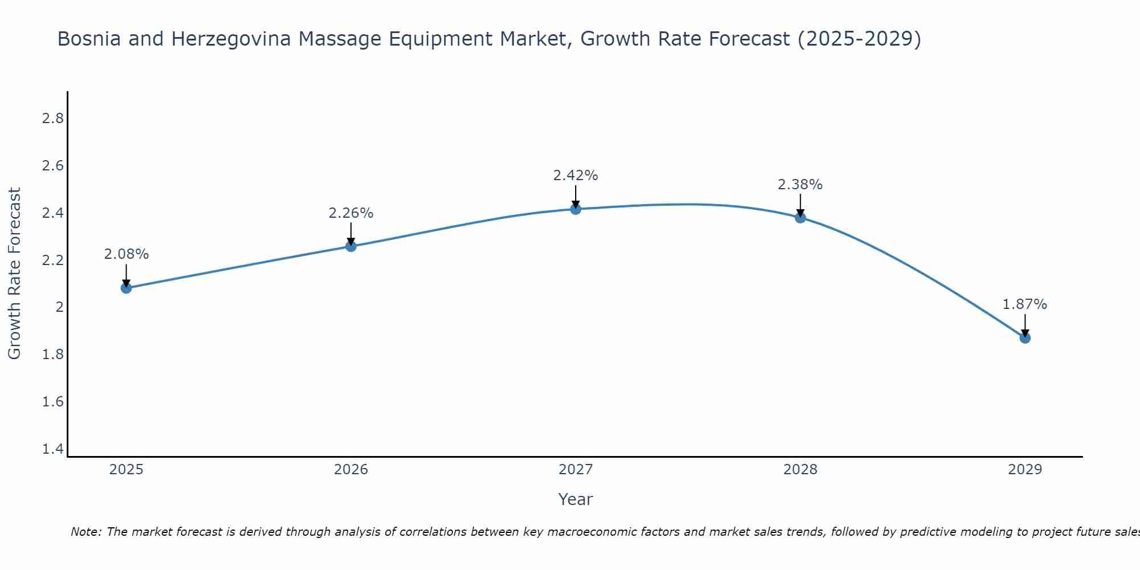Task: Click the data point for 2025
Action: (x=126, y=288)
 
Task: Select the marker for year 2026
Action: (x=351, y=246)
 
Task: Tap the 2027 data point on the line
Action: (x=576, y=209)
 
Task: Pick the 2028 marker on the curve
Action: (x=800, y=217)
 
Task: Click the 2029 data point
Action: (x=1025, y=338)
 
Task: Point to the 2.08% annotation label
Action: (x=126, y=254)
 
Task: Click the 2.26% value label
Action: (x=351, y=213)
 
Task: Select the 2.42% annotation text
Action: (x=576, y=176)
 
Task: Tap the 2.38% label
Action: (x=800, y=185)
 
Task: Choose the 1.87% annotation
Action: (x=1025, y=304)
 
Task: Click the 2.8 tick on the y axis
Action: (x=53, y=119)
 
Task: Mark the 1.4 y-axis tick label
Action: (x=53, y=449)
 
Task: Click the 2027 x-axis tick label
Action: (x=576, y=470)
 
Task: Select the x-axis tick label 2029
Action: (x=1025, y=470)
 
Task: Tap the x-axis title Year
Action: (x=576, y=499)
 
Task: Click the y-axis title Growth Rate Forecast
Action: (x=14, y=274)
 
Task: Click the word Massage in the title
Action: (x=340, y=39)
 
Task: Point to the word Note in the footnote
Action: (x=85, y=532)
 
